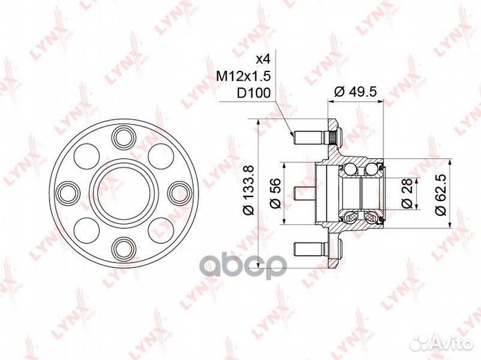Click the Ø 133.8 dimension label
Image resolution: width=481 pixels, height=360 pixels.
coord(249,190)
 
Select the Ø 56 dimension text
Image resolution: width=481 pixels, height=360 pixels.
coord(275,193)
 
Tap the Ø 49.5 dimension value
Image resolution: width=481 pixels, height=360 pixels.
coord(355,92)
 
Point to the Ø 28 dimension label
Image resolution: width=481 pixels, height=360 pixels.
coord(407,194)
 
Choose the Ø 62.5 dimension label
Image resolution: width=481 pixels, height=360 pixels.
coord(440,193)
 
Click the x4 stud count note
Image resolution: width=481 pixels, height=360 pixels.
coord(263,59)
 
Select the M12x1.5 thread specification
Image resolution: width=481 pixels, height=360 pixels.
coord(244,75)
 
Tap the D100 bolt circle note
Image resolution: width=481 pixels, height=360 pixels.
coord(254,93)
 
